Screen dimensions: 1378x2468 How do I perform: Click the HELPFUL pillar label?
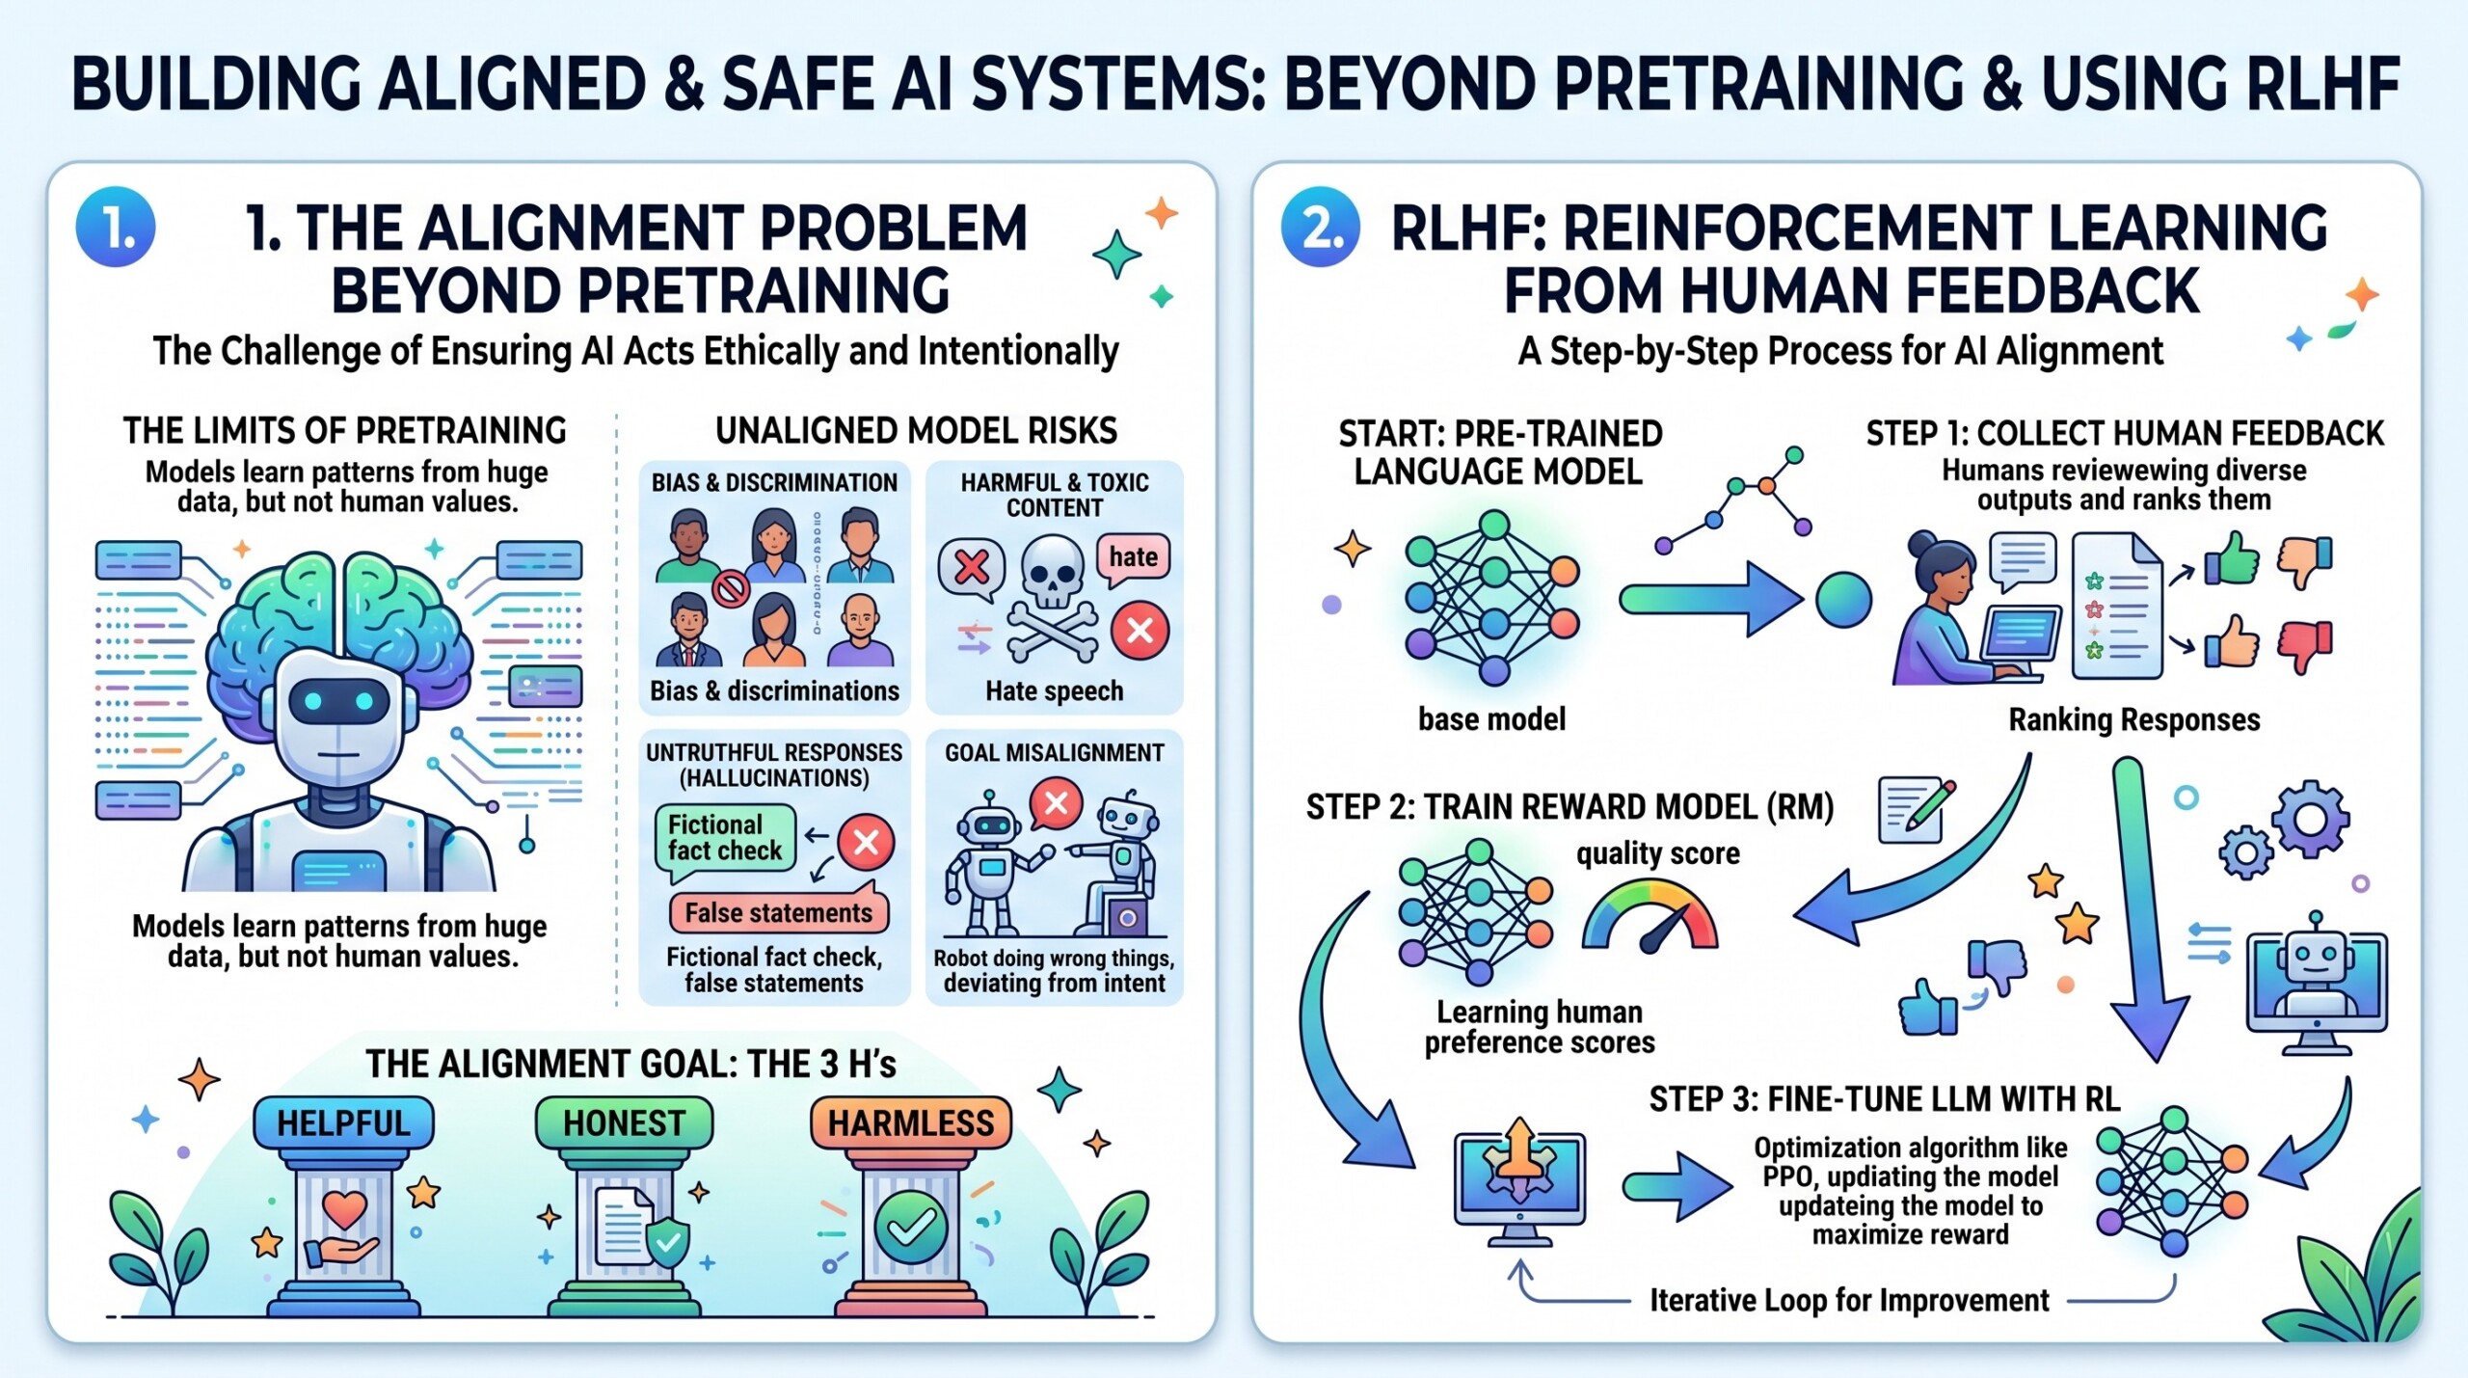tap(343, 1123)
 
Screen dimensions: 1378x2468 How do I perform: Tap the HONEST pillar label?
tap(624, 1123)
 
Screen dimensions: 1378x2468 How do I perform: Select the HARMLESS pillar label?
tap(910, 1123)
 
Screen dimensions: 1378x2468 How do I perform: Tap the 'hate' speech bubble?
tap(1133, 558)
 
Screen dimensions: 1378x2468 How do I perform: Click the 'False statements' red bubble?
tap(778, 912)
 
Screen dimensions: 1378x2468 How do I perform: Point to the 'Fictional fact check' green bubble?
tap(725, 839)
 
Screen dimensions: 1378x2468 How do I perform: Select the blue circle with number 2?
tap(1320, 228)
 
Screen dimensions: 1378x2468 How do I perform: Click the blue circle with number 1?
tap(116, 228)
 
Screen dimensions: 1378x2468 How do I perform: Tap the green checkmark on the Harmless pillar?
tap(910, 1227)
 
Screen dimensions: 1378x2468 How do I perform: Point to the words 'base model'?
tap(1491, 719)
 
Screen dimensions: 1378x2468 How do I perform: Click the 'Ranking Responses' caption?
tap(2133, 719)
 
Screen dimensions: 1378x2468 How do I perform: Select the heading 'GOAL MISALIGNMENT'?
tap(1054, 753)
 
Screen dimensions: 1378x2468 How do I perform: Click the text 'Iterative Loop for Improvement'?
tap(1849, 1301)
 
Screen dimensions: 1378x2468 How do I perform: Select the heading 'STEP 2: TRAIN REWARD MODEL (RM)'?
tap(1569, 807)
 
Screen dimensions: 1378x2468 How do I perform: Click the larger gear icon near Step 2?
tap(2310, 821)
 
